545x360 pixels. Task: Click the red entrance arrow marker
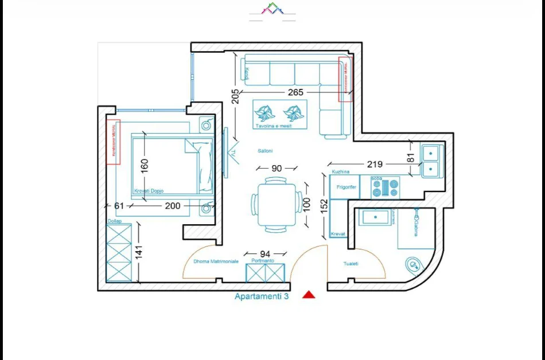309,295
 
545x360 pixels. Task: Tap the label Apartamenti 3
261,296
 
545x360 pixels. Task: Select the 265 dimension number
296,92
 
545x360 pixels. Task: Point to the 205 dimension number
235,96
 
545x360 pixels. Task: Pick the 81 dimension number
410,158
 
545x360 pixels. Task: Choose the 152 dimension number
324,206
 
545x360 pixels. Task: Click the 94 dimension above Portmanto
264,253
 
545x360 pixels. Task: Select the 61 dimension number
119,206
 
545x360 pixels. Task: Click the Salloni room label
265,151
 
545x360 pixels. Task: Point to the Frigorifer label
347,187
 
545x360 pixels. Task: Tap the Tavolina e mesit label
274,126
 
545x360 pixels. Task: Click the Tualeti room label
351,264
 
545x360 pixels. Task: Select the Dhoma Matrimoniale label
216,261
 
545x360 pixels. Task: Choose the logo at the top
272,9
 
